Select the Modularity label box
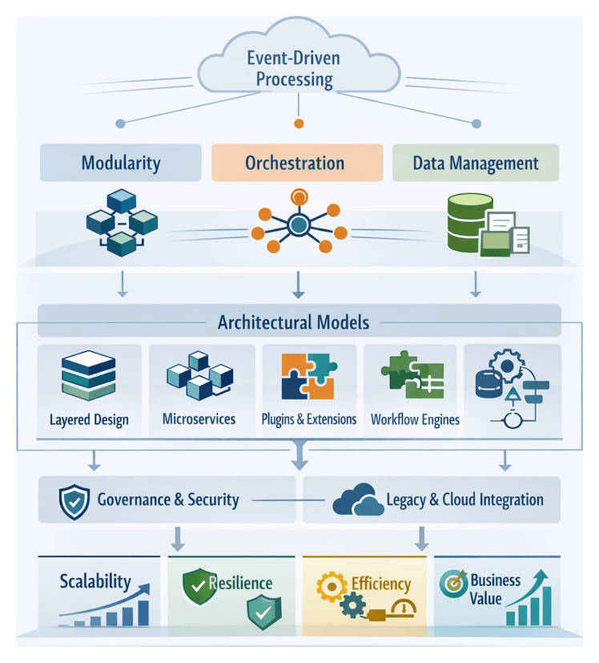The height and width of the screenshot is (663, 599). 121,164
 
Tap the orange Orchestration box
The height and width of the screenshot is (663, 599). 295,164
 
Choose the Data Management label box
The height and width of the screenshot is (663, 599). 476,164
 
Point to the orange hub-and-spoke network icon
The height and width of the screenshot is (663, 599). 299,221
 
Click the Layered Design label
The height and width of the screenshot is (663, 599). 89,419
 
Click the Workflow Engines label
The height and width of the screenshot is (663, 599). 415,419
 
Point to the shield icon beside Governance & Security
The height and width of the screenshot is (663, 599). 72,501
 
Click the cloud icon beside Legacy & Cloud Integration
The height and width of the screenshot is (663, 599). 357,501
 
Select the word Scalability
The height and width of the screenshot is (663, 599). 94,581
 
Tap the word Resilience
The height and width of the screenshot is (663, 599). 240,584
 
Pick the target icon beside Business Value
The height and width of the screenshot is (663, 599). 452,583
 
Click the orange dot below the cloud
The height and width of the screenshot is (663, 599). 299,123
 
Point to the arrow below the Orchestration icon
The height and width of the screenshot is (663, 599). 299,283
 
